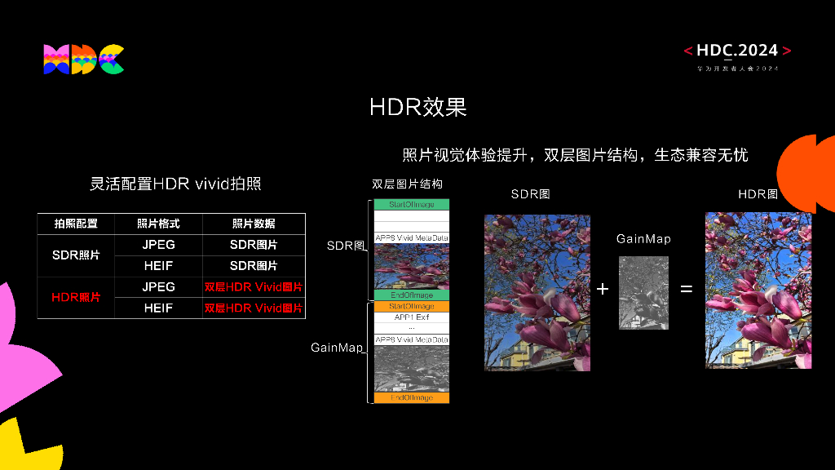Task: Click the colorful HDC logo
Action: (83, 60)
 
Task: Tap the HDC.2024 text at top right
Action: (737, 51)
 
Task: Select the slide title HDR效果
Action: (417, 107)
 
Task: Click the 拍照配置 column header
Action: (76, 224)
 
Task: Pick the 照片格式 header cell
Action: (158, 224)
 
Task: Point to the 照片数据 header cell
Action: (254, 224)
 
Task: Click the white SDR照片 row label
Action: (76, 255)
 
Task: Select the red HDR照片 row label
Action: (76, 298)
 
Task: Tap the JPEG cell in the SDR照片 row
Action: (158, 245)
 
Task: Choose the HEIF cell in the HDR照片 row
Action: (158, 308)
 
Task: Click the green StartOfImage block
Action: (412, 205)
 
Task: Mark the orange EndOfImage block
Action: (412, 398)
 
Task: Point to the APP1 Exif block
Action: (412, 317)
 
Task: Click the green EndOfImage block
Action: (412, 295)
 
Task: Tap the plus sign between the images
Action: (603, 289)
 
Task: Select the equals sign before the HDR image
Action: (687, 289)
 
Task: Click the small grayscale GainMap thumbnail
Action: (643, 293)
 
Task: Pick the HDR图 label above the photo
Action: (758, 194)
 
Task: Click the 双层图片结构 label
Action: (407, 184)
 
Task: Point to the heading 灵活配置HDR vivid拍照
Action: (175, 184)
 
